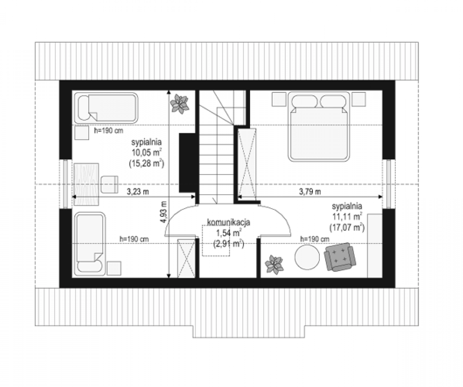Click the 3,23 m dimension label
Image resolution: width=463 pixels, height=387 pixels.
coord(137,192)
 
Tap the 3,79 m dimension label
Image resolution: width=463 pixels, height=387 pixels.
coord(310,192)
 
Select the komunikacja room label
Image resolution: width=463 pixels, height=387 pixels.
coord(229,222)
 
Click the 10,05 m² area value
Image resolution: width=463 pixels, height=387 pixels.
coord(146,153)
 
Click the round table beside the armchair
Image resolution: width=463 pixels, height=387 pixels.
coord(307,257)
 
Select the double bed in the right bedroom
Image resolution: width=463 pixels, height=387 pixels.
coord(319,126)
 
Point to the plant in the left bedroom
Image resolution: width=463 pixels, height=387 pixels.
coord(179,104)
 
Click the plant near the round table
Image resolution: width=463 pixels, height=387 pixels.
coord(274,265)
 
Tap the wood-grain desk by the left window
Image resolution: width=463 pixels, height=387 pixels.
coord(86,184)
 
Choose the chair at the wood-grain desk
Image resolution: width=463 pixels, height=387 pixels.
coord(109,184)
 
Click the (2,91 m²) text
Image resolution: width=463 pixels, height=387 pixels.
coord(229,244)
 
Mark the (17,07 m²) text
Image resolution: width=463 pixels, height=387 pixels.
coord(347,228)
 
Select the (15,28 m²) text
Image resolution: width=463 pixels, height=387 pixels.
coord(146,164)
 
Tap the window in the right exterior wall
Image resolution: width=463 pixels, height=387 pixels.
coord(389,184)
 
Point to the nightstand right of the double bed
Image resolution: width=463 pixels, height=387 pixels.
coord(359,99)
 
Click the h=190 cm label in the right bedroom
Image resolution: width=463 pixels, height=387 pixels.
coord(315,239)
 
